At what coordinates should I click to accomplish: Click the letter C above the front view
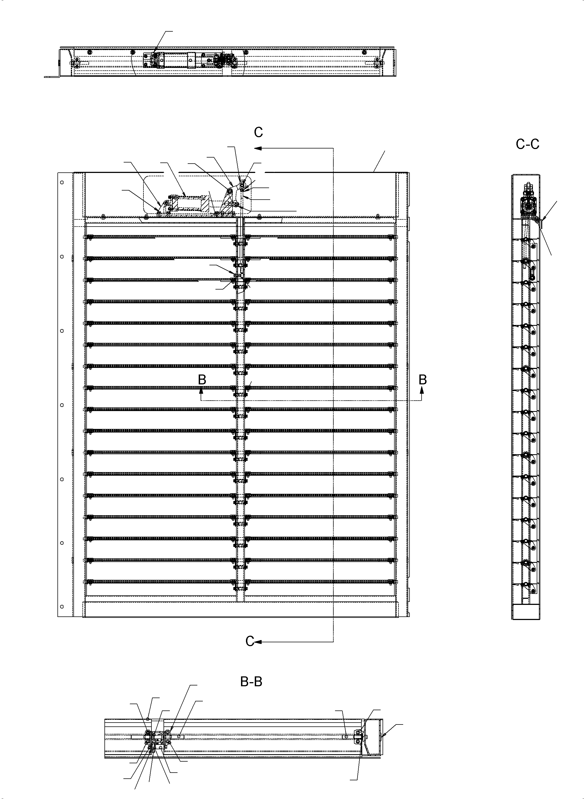click(258, 133)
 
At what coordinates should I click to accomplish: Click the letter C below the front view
click(250, 641)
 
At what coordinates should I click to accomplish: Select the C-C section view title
click(527, 144)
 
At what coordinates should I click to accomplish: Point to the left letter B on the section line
click(202, 380)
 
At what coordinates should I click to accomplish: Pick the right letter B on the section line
click(422, 380)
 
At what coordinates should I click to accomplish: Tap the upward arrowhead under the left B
click(201, 390)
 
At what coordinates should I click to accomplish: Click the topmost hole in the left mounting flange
click(62, 183)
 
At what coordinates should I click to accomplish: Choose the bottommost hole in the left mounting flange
click(62, 606)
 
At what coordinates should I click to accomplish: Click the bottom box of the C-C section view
click(526, 611)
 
